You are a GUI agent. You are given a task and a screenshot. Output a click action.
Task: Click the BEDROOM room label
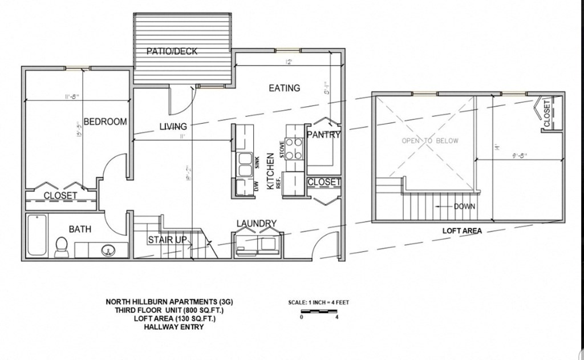[x=105, y=122]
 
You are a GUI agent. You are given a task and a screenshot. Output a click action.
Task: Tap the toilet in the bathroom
[x=61, y=246]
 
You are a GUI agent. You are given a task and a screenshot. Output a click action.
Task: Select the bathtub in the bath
[x=37, y=234]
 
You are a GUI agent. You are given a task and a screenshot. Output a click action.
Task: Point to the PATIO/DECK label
[x=172, y=51]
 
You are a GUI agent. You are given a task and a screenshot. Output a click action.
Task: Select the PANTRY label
[x=323, y=135]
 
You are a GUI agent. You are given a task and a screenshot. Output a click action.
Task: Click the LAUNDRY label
[x=257, y=223]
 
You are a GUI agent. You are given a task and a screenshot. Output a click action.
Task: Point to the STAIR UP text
[x=167, y=240]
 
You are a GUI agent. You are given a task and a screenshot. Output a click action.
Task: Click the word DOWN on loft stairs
[x=464, y=207]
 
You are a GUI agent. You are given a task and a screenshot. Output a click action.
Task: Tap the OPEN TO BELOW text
[x=429, y=140]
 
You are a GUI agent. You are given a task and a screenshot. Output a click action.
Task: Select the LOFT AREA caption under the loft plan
[x=462, y=231]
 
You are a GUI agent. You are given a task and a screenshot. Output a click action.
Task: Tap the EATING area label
[x=284, y=88]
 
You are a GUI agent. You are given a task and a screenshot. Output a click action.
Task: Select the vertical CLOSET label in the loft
[x=547, y=114]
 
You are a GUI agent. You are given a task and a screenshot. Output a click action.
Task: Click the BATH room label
[x=80, y=229]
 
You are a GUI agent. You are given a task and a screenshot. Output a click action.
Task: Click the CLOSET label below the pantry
[x=323, y=182]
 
